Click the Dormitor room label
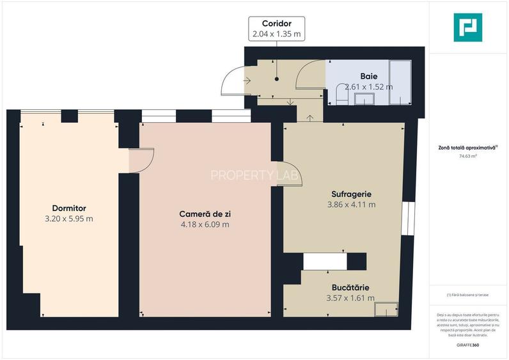[x=69, y=208]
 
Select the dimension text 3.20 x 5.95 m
[x=69, y=219]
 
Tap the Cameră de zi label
[x=205, y=214]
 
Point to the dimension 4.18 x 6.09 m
[x=205, y=224]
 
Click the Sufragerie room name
[x=351, y=194]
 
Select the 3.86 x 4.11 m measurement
[x=351, y=205]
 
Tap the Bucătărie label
[x=350, y=288]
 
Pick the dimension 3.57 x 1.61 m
[x=350, y=298]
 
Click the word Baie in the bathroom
[x=368, y=75]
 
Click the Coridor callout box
[x=277, y=29]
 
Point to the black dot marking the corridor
[x=277, y=79]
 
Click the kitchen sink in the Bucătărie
[x=385, y=308]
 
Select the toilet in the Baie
[x=340, y=96]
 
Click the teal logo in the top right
[x=468, y=27]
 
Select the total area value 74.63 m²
[x=468, y=155]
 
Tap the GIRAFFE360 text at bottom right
[x=467, y=345]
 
